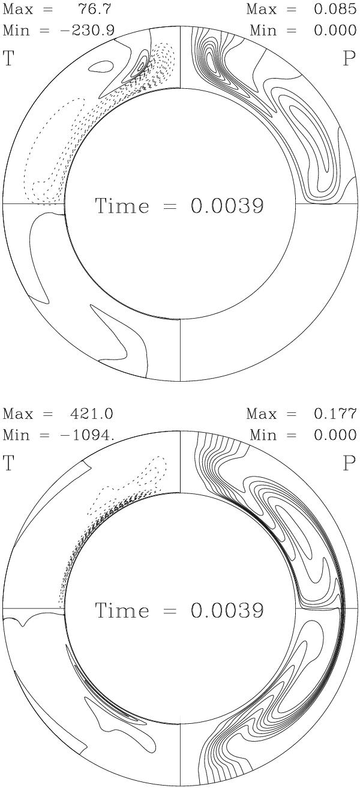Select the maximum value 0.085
335,9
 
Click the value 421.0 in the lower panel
92,414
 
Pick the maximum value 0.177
335,414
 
